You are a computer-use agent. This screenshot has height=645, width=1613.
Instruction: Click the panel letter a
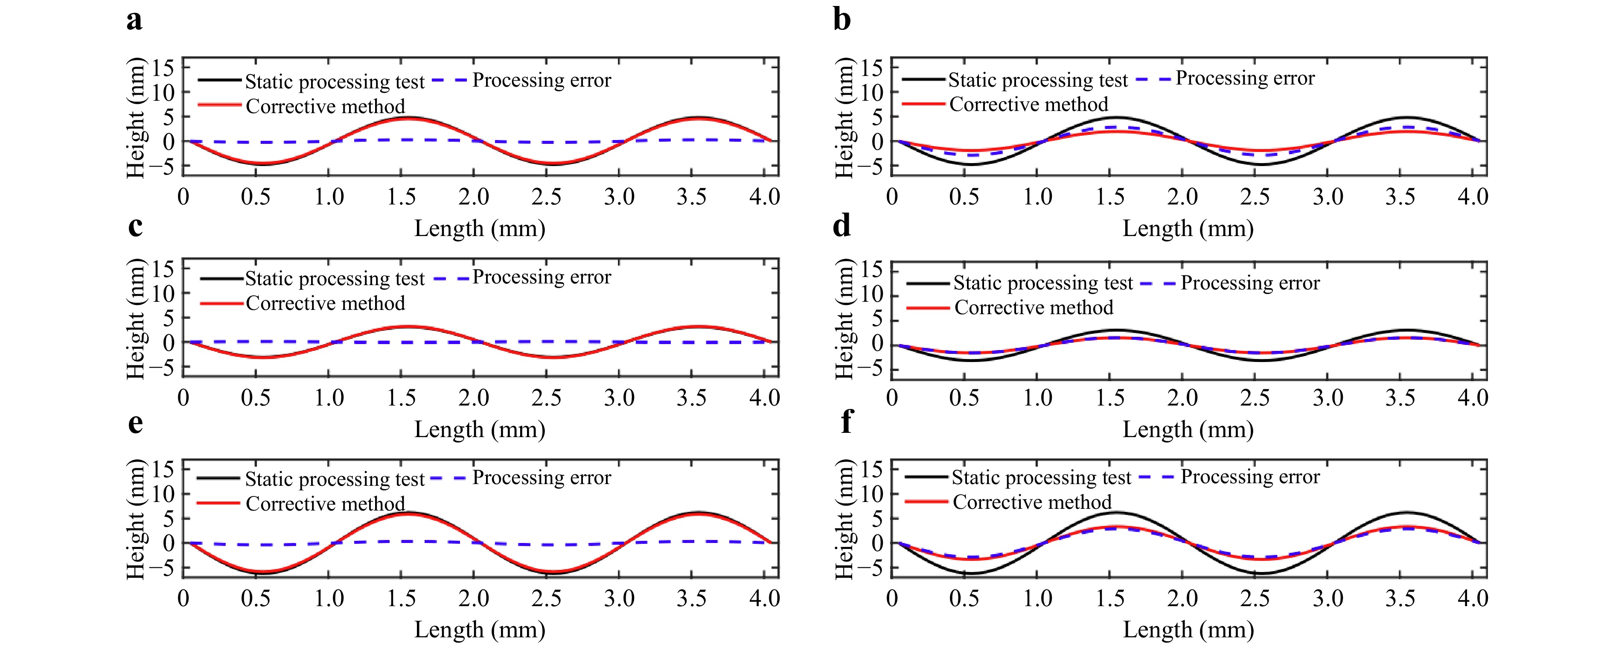pos(134,20)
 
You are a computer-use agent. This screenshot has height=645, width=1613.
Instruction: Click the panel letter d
pos(842,225)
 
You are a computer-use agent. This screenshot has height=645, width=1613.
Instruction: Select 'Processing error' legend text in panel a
pos(542,80)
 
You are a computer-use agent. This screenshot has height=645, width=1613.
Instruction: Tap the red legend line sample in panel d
pos(928,307)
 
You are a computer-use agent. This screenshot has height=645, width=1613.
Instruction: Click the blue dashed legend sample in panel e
pos(448,478)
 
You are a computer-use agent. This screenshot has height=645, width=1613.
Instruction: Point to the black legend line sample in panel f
pos(926,477)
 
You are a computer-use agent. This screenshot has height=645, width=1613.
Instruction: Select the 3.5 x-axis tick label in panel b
pos(1400,197)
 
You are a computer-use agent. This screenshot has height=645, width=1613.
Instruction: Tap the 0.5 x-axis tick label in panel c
pos(256,398)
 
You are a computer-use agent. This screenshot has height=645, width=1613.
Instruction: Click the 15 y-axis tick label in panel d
pos(871,270)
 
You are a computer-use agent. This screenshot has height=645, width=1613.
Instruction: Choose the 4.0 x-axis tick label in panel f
pos(1473,598)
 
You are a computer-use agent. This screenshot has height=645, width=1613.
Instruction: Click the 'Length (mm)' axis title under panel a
pos(480,228)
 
